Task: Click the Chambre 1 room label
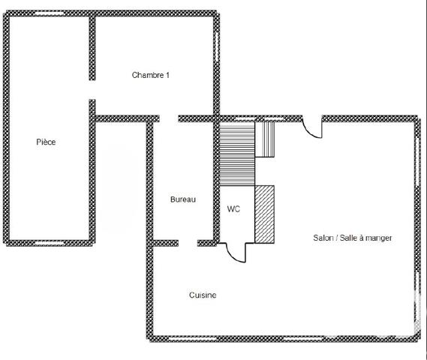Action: point(150,75)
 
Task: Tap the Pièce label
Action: point(47,142)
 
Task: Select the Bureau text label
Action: point(182,199)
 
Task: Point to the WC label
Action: point(233,210)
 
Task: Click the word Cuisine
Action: point(202,295)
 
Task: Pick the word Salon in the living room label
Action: point(325,238)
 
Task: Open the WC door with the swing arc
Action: point(234,253)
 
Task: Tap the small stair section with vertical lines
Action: point(266,139)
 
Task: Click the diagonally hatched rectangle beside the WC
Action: point(265,214)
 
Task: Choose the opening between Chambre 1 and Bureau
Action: point(169,118)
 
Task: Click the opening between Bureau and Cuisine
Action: point(188,243)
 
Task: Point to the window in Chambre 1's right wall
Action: point(218,45)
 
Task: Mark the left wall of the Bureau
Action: point(149,180)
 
